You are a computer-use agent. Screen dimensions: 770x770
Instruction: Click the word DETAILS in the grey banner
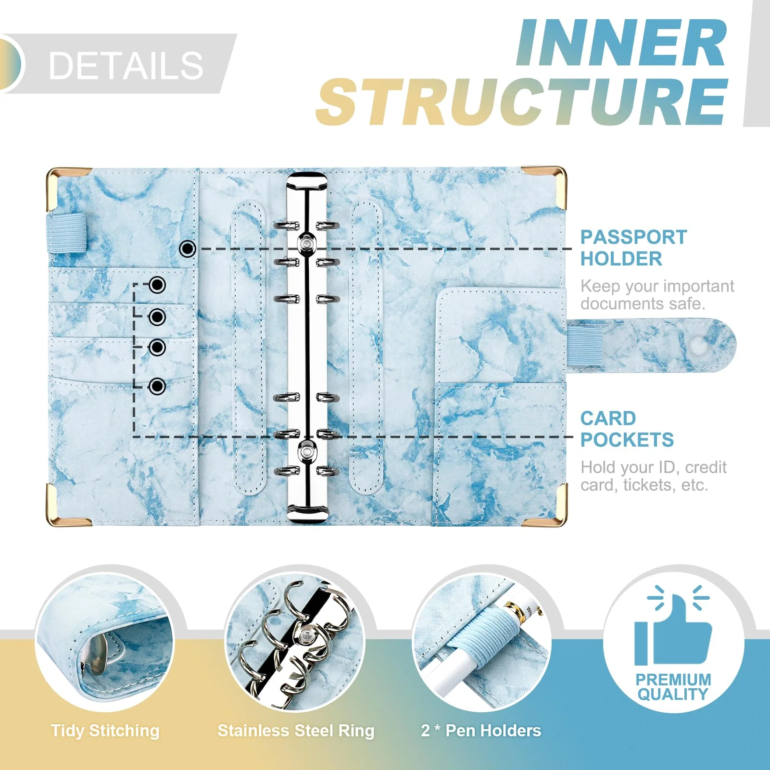pyautogui.click(x=126, y=65)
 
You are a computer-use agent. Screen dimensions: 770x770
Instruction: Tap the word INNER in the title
pyautogui.click(x=621, y=43)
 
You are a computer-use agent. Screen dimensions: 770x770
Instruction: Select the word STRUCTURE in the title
pyautogui.click(x=521, y=101)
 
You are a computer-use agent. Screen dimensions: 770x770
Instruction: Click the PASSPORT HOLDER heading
pyautogui.click(x=633, y=248)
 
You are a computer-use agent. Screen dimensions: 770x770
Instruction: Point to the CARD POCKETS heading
pyautogui.click(x=627, y=429)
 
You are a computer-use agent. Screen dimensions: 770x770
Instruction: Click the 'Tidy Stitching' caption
pyautogui.click(x=105, y=731)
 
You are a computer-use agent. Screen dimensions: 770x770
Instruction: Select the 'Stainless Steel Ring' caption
pyautogui.click(x=296, y=731)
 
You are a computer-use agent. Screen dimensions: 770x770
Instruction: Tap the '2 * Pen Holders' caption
pyautogui.click(x=481, y=731)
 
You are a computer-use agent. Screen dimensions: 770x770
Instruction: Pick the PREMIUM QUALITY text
pyautogui.click(x=673, y=687)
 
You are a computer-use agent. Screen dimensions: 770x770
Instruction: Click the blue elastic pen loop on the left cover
pyautogui.click(x=67, y=233)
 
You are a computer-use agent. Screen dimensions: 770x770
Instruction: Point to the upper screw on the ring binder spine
pyautogui.click(x=306, y=244)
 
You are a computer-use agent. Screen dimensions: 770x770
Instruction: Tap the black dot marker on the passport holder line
pyautogui.click(x=188, y=249)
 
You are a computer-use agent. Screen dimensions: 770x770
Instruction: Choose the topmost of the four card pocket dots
pyautogui.click(x=157, y=285)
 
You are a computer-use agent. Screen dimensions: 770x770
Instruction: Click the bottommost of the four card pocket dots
pyautogui.click(x=157, y=386)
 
